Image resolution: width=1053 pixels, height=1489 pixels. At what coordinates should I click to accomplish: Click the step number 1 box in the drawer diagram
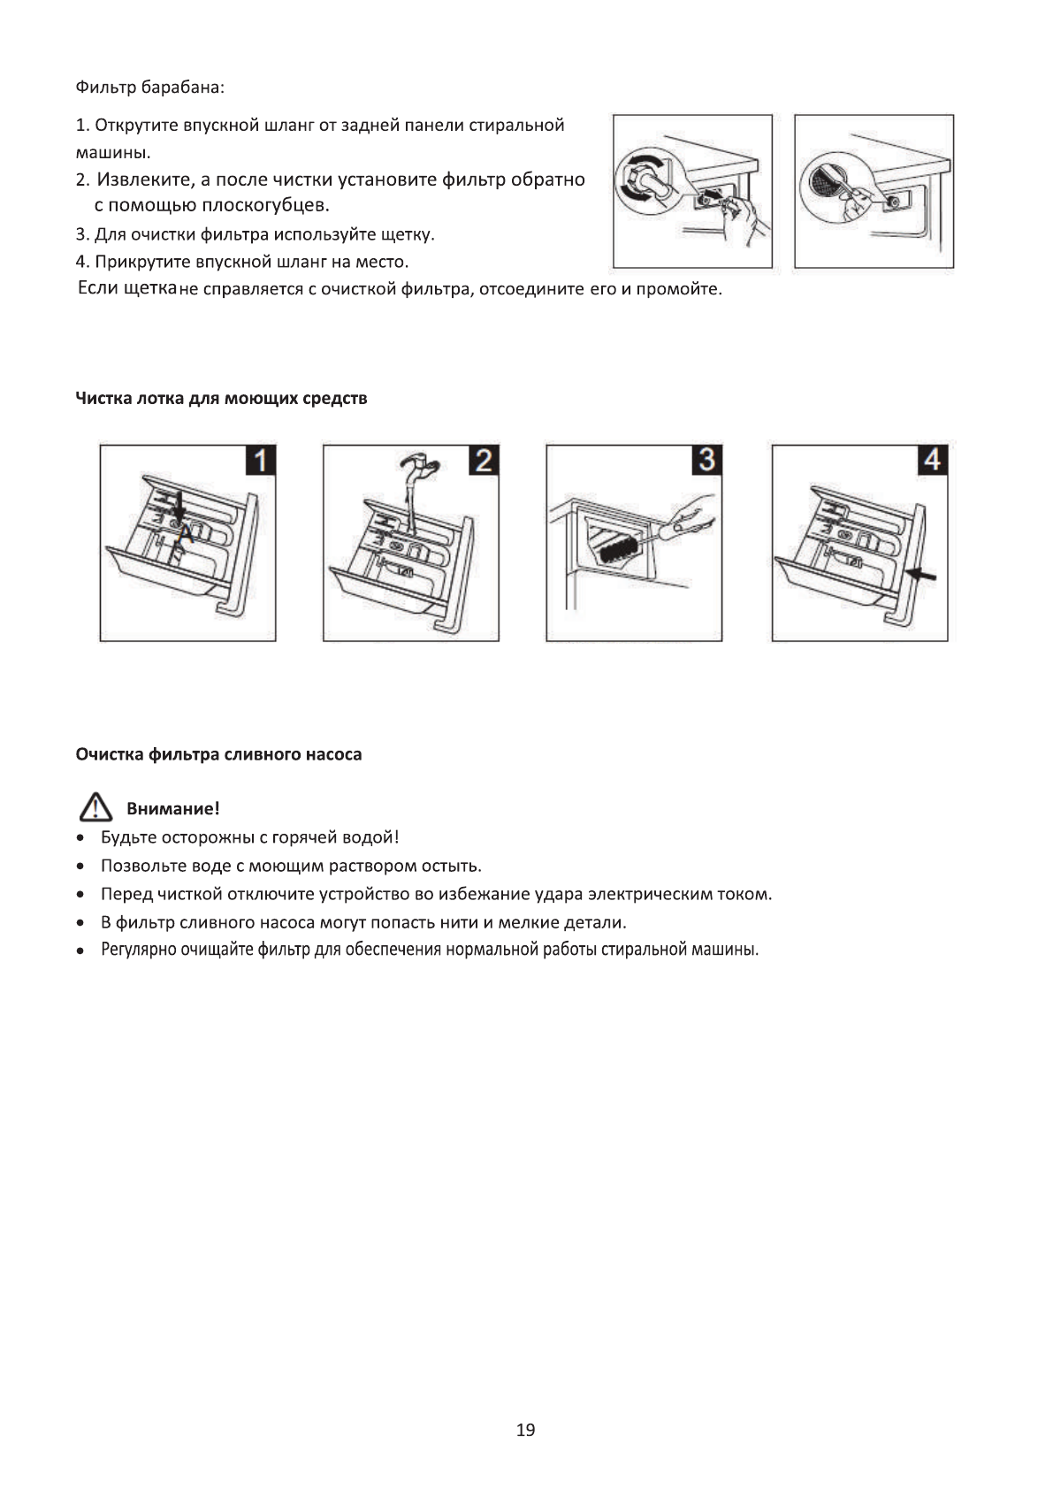pos(260,460)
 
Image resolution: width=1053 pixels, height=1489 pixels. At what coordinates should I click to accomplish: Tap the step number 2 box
pos(484,460)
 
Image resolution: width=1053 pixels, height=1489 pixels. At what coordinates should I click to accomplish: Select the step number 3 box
pos(706,460)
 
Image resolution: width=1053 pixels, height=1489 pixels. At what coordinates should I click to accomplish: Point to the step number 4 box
pos(932,460)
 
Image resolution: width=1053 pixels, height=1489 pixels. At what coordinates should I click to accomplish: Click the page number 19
pos(525,1430)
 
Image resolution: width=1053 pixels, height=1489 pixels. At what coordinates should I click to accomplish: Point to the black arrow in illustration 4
pos(922,576)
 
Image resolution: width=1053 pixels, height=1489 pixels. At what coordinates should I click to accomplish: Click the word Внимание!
pos(172,808)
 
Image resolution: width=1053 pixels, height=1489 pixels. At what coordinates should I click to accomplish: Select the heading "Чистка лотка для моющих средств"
pos(221,398)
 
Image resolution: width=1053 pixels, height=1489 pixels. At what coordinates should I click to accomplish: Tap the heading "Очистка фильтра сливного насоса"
pos(218,754)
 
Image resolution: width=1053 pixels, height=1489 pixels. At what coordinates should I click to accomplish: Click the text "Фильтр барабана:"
pos(150,88)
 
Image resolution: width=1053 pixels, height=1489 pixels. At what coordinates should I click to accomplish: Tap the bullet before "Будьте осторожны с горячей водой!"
pos(80,837)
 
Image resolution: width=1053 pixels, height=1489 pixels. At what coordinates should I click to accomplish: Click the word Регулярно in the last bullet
pos(139,951)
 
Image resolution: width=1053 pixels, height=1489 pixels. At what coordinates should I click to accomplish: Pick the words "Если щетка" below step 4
pos(127,288)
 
